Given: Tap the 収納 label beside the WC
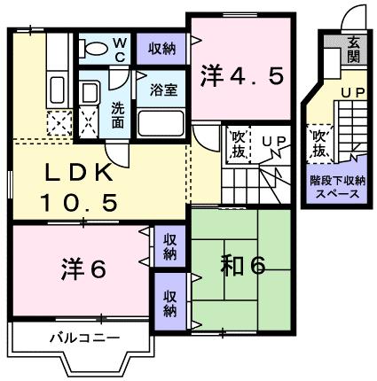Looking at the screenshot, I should pyautogui.click(x=161, y=49).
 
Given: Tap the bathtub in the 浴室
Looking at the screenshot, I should pyautogui.click(x=161, y=122).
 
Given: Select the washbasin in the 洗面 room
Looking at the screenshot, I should pyautogui.click(x=89, y=92).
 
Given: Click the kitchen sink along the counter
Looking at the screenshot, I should pyautogui.click(x=58, y=89).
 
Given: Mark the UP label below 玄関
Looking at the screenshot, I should pyautogui.click(x=352, y=91).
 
